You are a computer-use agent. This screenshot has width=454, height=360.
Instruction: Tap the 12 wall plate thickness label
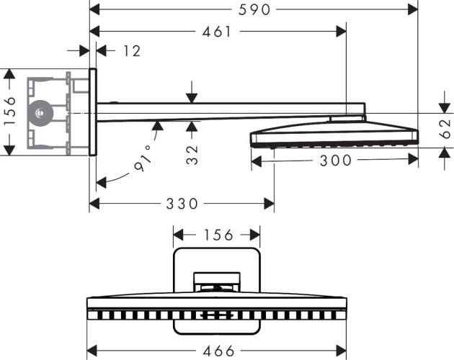pos(132,50)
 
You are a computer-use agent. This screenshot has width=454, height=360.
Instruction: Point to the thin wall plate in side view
pos(93,112)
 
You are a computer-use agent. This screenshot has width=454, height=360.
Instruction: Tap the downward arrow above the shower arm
pos(192,96)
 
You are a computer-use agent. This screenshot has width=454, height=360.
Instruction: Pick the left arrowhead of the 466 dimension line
pos(91,351)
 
